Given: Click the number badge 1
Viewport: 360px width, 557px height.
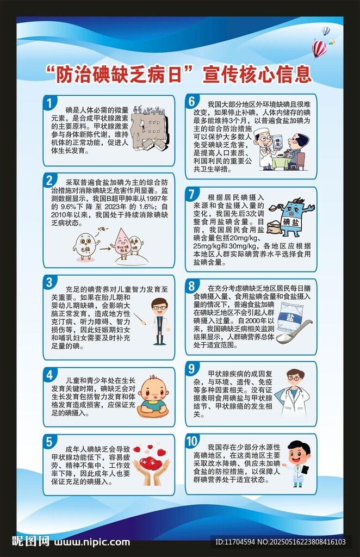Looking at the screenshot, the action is (x=49, y=103).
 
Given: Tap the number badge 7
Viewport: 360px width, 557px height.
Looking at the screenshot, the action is (x=192, y=194).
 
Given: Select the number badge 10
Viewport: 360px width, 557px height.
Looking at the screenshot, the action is (x=192, y=441).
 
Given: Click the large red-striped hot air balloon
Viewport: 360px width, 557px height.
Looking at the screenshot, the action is (x=319, y=49).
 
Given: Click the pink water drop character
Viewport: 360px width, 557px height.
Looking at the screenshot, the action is (x=119, y=244).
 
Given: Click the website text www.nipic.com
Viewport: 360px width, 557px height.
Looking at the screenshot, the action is (x=92, y=542).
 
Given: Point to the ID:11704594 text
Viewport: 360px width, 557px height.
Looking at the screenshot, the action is (x=235, y=542).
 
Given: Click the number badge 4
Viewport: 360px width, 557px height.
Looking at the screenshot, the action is (x=49, y=375).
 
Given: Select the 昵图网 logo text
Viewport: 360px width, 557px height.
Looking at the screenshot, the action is (x=31, y=541).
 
